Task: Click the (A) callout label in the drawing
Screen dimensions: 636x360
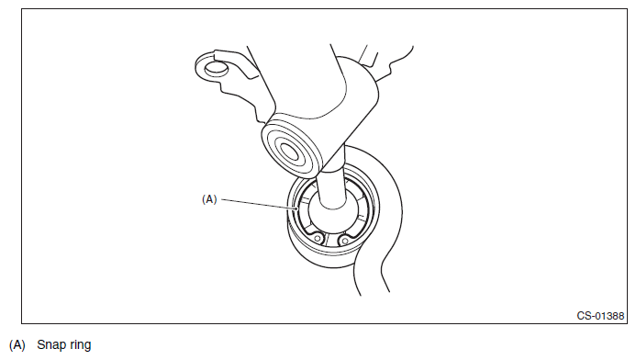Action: (x=209, y=199)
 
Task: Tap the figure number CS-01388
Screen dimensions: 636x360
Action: (x=600, y=316)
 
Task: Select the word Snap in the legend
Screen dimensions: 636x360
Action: (x=50, y=345)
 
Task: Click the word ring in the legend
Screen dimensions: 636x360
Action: (x=80, y=345)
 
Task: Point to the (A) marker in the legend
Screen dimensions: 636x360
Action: (x=17, y=345)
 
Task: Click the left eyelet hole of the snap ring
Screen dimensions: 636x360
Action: (x=318, y=239)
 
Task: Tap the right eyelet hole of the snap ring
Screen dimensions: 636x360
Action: (x=345, y=242)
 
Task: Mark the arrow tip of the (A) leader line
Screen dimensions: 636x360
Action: (x=298, y=209)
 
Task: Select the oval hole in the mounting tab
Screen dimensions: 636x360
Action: (x=216, y=67)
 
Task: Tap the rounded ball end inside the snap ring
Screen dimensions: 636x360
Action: (x=333, y=215)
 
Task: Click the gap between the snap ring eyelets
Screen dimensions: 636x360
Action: (x=331, y=241)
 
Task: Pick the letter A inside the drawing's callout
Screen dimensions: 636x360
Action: (x=209, y=199)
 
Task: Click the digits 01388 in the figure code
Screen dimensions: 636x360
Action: (x=610, y=316)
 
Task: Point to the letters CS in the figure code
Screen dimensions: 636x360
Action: (x=585, y=316)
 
